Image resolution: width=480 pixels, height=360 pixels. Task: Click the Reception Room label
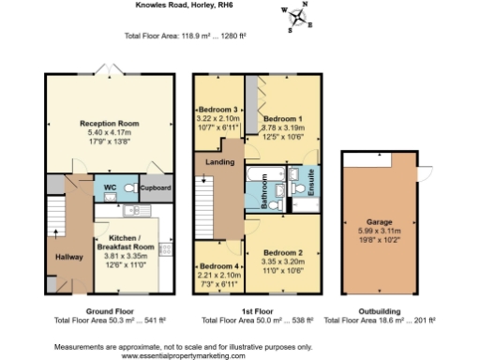click(109, 123)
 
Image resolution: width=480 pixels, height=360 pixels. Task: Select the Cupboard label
click(155, 187)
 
